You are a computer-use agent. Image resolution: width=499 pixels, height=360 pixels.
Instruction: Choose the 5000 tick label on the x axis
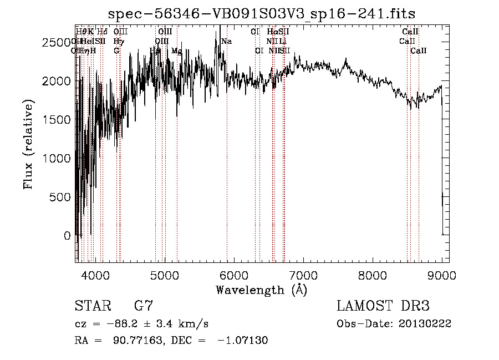pyautogui.click(x=164, y=275)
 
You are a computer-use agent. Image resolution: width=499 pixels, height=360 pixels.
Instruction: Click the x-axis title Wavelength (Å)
pyautogui.click(x=261, y=290)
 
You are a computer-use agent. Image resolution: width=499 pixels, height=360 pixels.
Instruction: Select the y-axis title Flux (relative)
pyautogui.click(x=28, y=144)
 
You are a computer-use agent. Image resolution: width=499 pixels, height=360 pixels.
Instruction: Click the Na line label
pyautogui.click(x=226, y=41)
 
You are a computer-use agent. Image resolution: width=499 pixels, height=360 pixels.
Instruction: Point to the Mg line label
pyautogui.click(x=176, y=50)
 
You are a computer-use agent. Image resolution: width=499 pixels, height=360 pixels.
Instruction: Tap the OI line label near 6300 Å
pyautogui.click(x=259, y=50)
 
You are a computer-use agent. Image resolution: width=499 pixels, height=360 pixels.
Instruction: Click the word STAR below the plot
pyautogui.click(x=91, y=306)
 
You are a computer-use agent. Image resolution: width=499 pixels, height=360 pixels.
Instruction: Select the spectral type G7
pyautogui.click(x=144, y=306)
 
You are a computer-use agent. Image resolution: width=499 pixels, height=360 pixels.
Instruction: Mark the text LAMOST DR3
pyautogui.click(x=383, y=306)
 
